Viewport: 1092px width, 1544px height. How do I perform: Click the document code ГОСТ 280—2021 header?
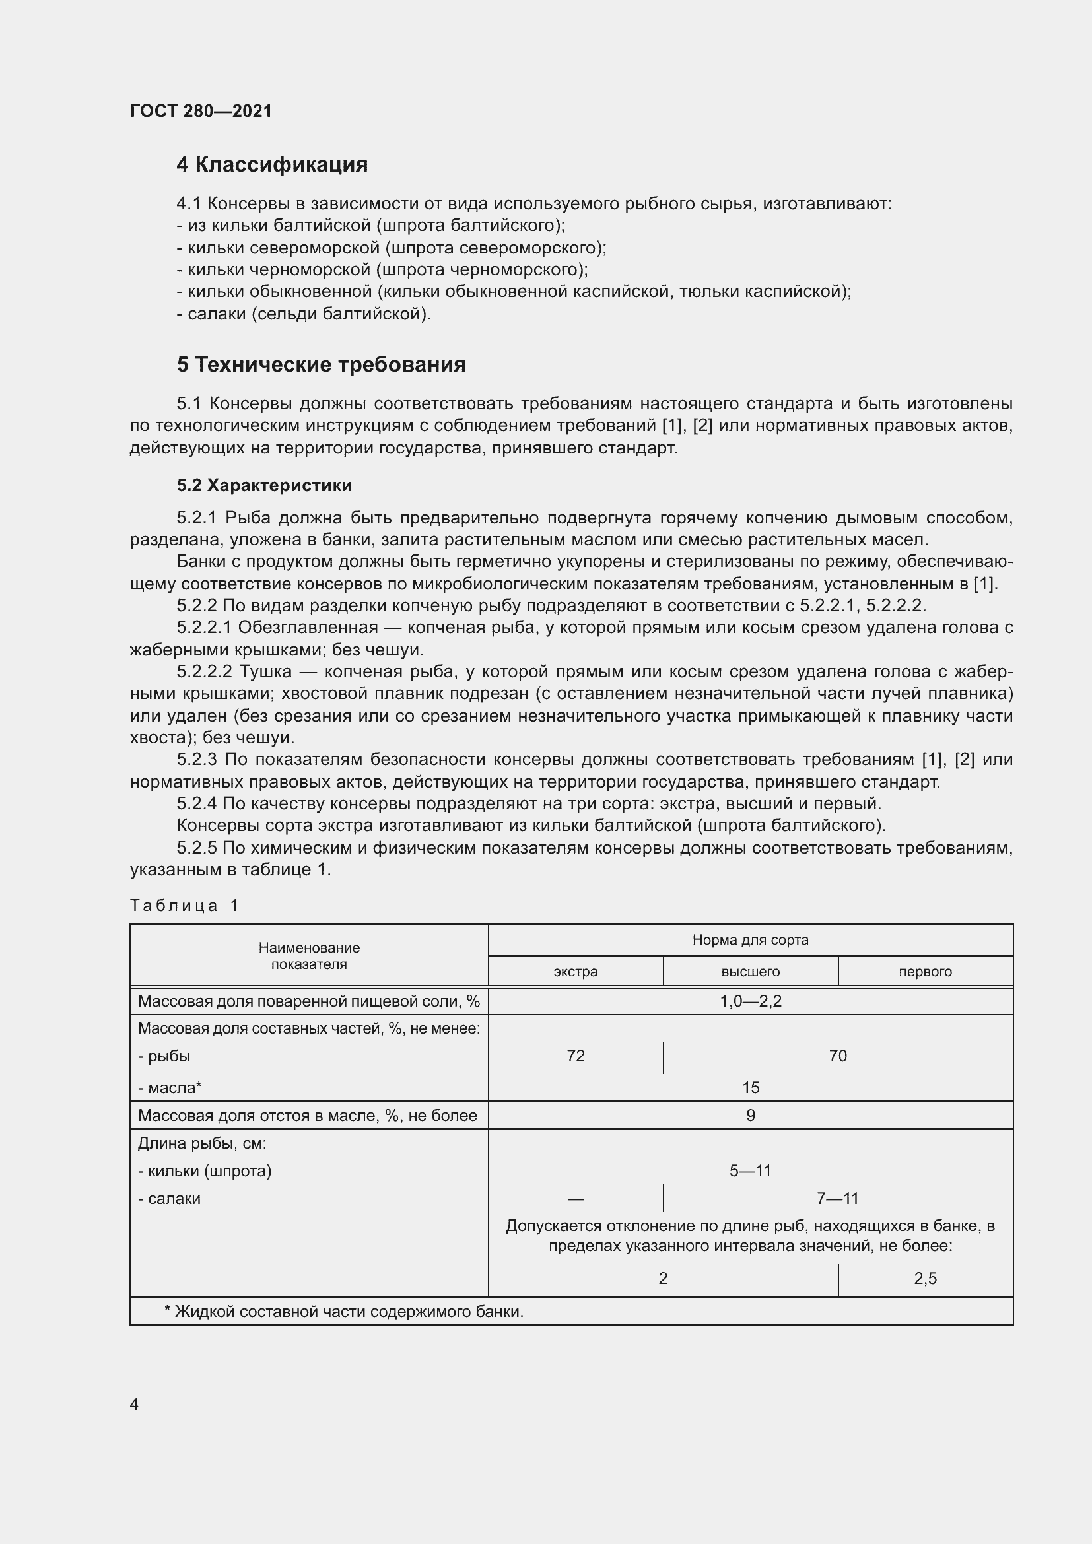pyautogui.click(x=201, y=111)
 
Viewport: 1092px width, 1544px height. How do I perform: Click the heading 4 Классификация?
pyautogui.click(x=271, y=164)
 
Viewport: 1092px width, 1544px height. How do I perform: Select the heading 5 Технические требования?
pyautogui.click(x=321, y=364)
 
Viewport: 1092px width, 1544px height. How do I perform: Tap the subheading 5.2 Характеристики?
pyautogui.click(x=264, y=485)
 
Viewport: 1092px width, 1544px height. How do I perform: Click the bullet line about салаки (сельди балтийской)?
pyautogui.click(x=303, y=314)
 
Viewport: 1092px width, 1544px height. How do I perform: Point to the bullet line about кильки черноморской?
pyautogui.click(x=382, y=270)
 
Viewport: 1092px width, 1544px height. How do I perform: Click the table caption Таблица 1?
pyautogui.click(x=184, y=905)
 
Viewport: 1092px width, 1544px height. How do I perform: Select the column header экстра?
pyautogui.click(x=575, y=971)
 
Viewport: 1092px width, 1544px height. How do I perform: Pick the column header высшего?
pyautogui.click(x=750, y=971)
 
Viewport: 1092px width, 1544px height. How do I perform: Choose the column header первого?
pyautogui.click(x=924, y=971)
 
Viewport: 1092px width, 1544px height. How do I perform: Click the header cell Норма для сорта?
pyautogui.click(x=750, y=939)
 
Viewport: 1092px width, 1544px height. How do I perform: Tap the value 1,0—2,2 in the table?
pyautogui.click(x=750, y=1001)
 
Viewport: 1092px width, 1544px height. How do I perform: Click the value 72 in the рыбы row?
pyautogui.click(x=576, y=1056)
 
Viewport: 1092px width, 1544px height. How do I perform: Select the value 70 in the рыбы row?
pyautogui.click(x=837, y=1056)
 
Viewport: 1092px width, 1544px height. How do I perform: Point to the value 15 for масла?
pyautogui.click(x=750, y=1087)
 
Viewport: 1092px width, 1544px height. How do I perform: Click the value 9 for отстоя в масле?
pyautogui.click(x=750, y=1116)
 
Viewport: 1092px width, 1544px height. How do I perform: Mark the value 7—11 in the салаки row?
pyautogui.click(x=837, y=1198)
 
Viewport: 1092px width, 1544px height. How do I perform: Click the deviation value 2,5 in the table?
pyautogui.click(x=924, y=1279)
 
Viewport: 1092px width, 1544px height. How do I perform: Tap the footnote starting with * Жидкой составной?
pyautogui.click(x=343, y=1312)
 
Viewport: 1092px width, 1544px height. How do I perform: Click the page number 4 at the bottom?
pyautogui.click(x=134, y=1404)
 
